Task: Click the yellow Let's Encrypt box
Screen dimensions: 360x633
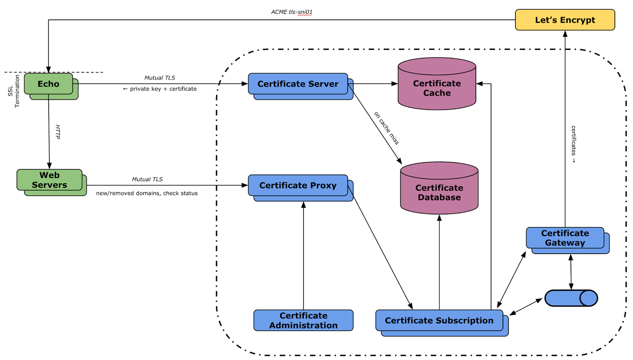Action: [x=565, y=20]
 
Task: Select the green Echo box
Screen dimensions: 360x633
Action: [x=49, y=84]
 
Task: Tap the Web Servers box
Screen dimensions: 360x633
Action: [x=49, y=180]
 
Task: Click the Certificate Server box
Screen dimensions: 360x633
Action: [x=298, y=84]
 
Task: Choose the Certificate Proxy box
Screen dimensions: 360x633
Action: [x=298, y=185]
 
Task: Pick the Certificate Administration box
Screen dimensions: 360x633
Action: [x=303, y=320]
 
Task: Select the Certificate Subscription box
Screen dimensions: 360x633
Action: [x=439, y=320]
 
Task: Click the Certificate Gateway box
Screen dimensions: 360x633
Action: [x=565, y=238]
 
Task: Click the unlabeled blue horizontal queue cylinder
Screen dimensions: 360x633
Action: [x=571, y=298]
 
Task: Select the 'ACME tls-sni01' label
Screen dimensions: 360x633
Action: [x=292, y=12]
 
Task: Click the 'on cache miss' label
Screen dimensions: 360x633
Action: [x=386, y=128]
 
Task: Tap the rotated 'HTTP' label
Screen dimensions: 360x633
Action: [x=58, y=132]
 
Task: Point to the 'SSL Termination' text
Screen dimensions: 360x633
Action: [x=14, y=91]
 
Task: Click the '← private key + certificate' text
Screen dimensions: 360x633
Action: [x=160, y=89]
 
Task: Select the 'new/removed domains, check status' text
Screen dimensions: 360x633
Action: [x=146, y=193]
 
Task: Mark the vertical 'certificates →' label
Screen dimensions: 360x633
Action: [x=573, y=144]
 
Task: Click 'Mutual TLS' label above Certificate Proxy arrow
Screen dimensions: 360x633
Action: [x=147, y=179]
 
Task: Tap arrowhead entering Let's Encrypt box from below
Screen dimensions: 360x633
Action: [x=565, y=34]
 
